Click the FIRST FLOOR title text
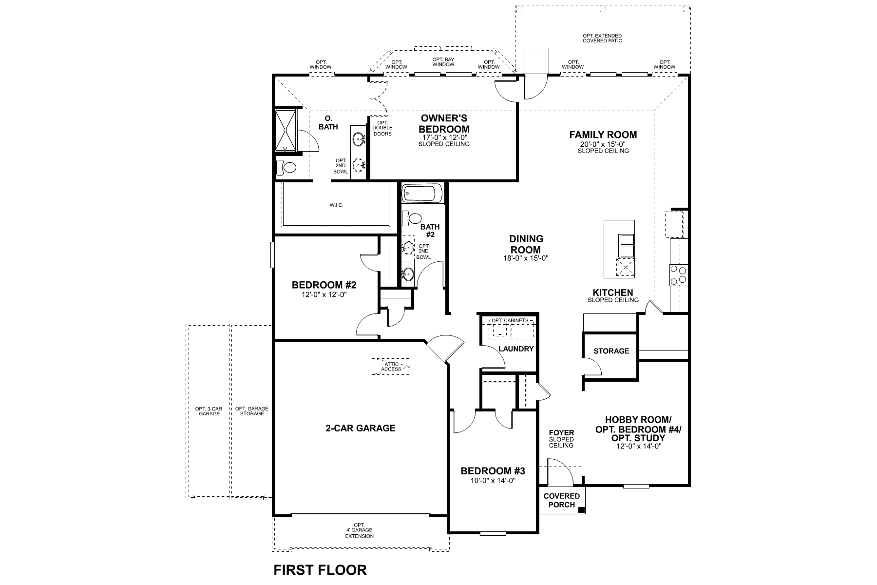320,569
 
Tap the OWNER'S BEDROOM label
444,124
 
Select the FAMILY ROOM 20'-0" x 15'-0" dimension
603,144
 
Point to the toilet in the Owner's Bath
287,168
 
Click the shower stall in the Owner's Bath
285,131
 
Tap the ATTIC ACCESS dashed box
391,367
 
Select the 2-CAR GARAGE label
360,428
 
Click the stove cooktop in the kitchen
678,275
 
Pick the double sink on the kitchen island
626,245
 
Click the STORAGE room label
611,351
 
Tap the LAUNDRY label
516,349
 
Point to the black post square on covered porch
581,510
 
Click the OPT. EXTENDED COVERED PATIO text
602,38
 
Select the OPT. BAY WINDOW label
443,61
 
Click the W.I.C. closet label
336,205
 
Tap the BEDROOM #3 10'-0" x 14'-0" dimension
493,480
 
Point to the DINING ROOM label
526,244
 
